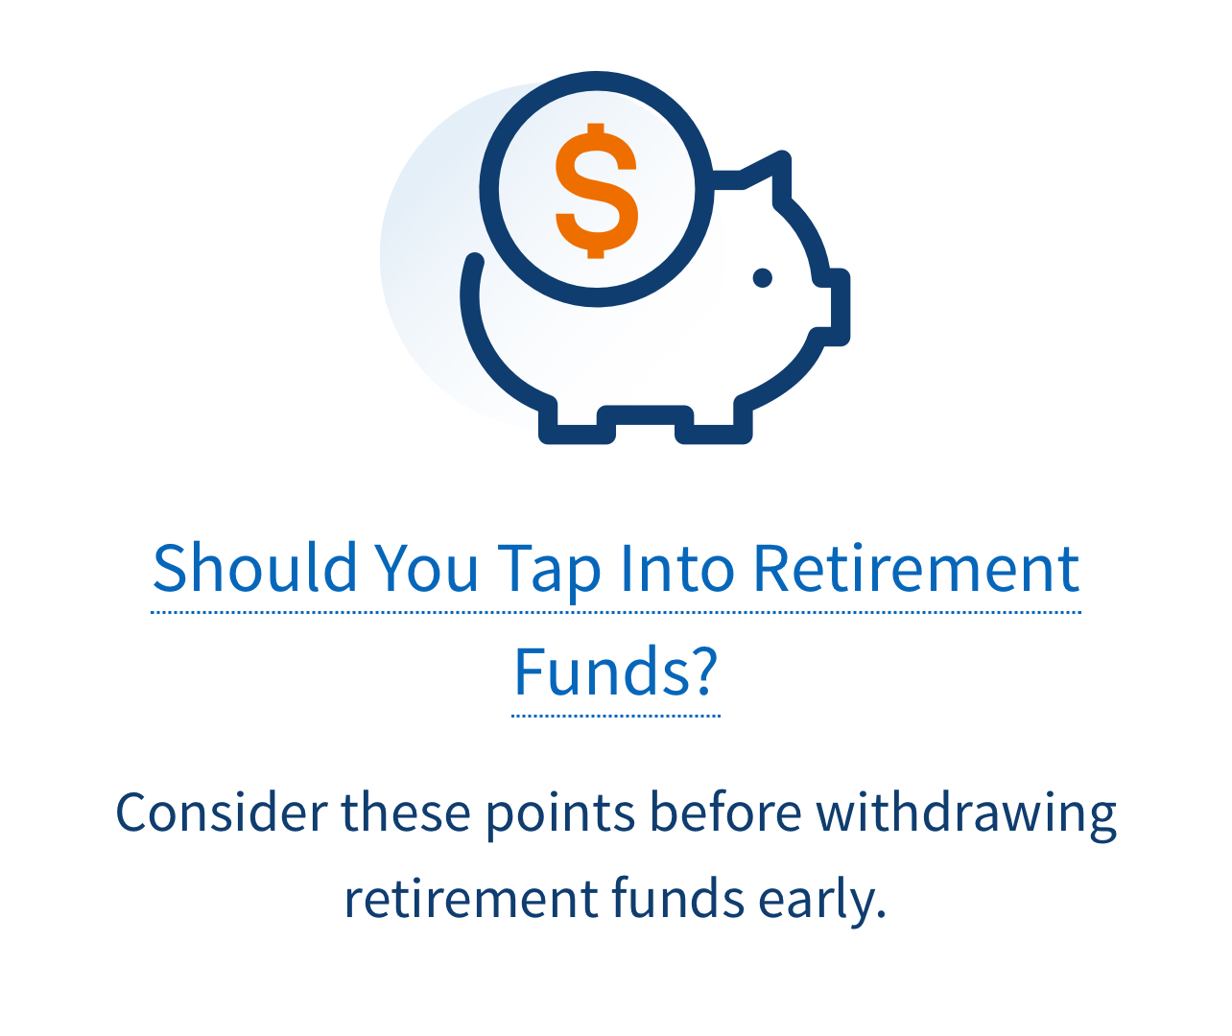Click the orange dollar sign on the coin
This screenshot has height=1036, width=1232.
point(597,191)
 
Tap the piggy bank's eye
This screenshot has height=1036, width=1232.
point(763,278)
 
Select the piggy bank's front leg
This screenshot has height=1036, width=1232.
point(714,422)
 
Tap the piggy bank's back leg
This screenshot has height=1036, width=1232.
point(577,422)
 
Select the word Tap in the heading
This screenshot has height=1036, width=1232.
point(550,573)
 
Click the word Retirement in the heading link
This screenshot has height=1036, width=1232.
point(916,568)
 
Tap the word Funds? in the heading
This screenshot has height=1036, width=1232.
point(616,672)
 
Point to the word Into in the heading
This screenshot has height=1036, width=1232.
point(677,568)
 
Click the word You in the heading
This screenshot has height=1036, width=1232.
point(427,568)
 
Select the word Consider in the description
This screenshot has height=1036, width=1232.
point(222,812)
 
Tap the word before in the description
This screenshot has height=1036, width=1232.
point(725,812)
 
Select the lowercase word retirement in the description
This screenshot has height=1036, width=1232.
point(471,899)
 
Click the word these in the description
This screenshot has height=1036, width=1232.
point(406,812)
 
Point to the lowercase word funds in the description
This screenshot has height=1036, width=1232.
point(677,898)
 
